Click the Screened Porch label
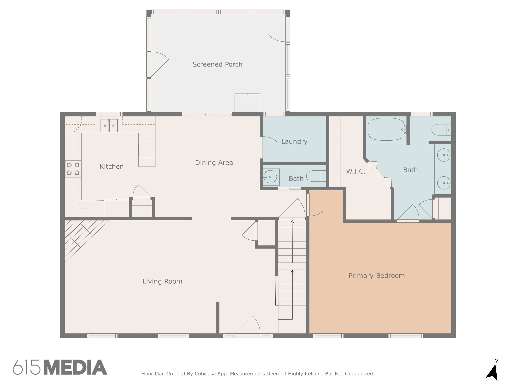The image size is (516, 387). click(217, 64)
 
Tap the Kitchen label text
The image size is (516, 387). click(111, 167)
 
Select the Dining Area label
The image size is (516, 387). click(214, 163)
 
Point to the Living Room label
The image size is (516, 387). click(163, 281)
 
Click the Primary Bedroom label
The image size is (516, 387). click(377, 276)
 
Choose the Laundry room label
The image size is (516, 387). click(294, 142)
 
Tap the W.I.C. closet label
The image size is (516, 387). click(356, 171)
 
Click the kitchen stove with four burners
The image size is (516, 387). click(73, 169)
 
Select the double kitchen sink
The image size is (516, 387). click(109, 125)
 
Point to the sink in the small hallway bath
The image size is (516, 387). click(270, 177)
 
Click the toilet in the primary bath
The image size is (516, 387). click(441, 130)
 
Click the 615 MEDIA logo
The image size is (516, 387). click(60, 367)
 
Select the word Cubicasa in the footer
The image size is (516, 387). click(205, 374)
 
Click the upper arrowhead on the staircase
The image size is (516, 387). click(292, 222)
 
